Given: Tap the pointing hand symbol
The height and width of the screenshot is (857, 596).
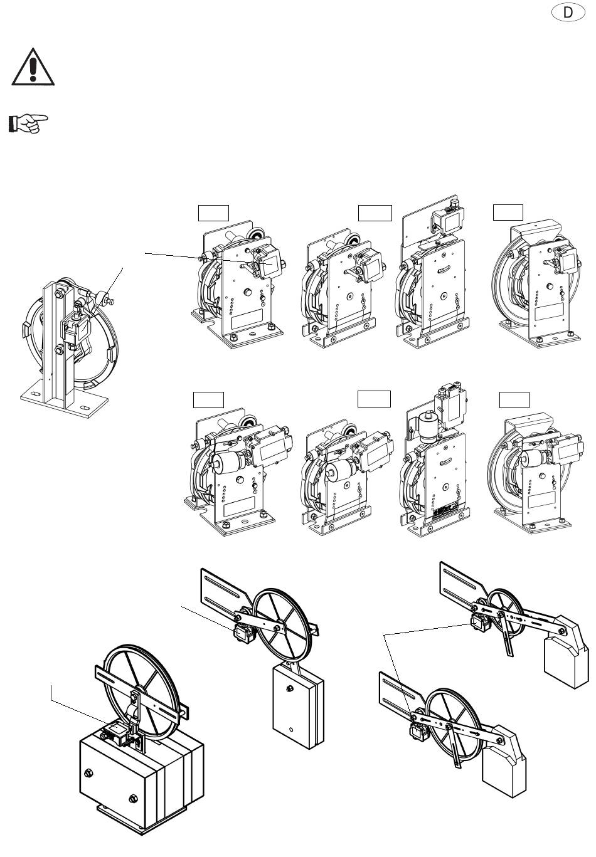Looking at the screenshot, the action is click(x=28, y=124).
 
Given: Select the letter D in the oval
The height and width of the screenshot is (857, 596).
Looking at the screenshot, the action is click(x=568, y=13).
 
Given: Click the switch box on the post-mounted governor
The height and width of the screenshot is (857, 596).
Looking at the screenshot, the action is click(x=77, y=329).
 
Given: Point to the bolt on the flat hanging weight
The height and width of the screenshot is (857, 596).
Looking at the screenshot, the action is click(x=290, y=688).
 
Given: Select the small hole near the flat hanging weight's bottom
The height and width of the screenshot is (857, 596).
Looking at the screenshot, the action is click(x=291, y=729).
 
